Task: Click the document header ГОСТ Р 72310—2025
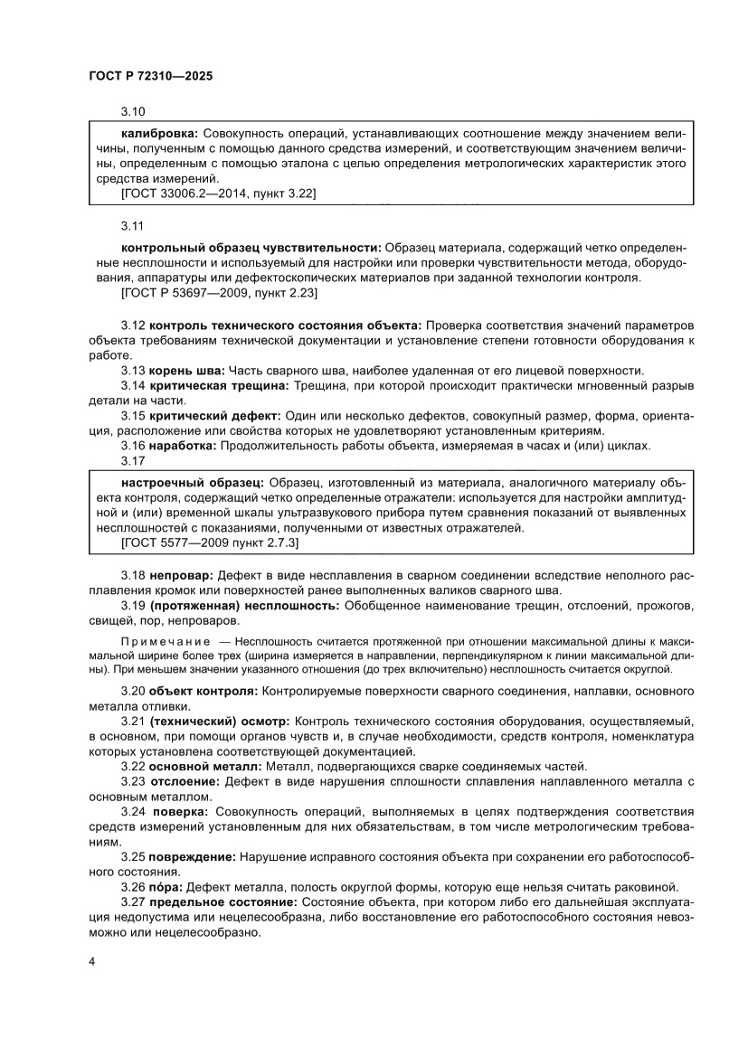[151, 78]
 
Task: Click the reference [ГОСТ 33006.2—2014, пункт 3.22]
[218, 193]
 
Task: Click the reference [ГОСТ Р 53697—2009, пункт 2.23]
[218, 293]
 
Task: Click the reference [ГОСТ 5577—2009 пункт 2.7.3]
[210, 543]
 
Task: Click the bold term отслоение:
[181, 781]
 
